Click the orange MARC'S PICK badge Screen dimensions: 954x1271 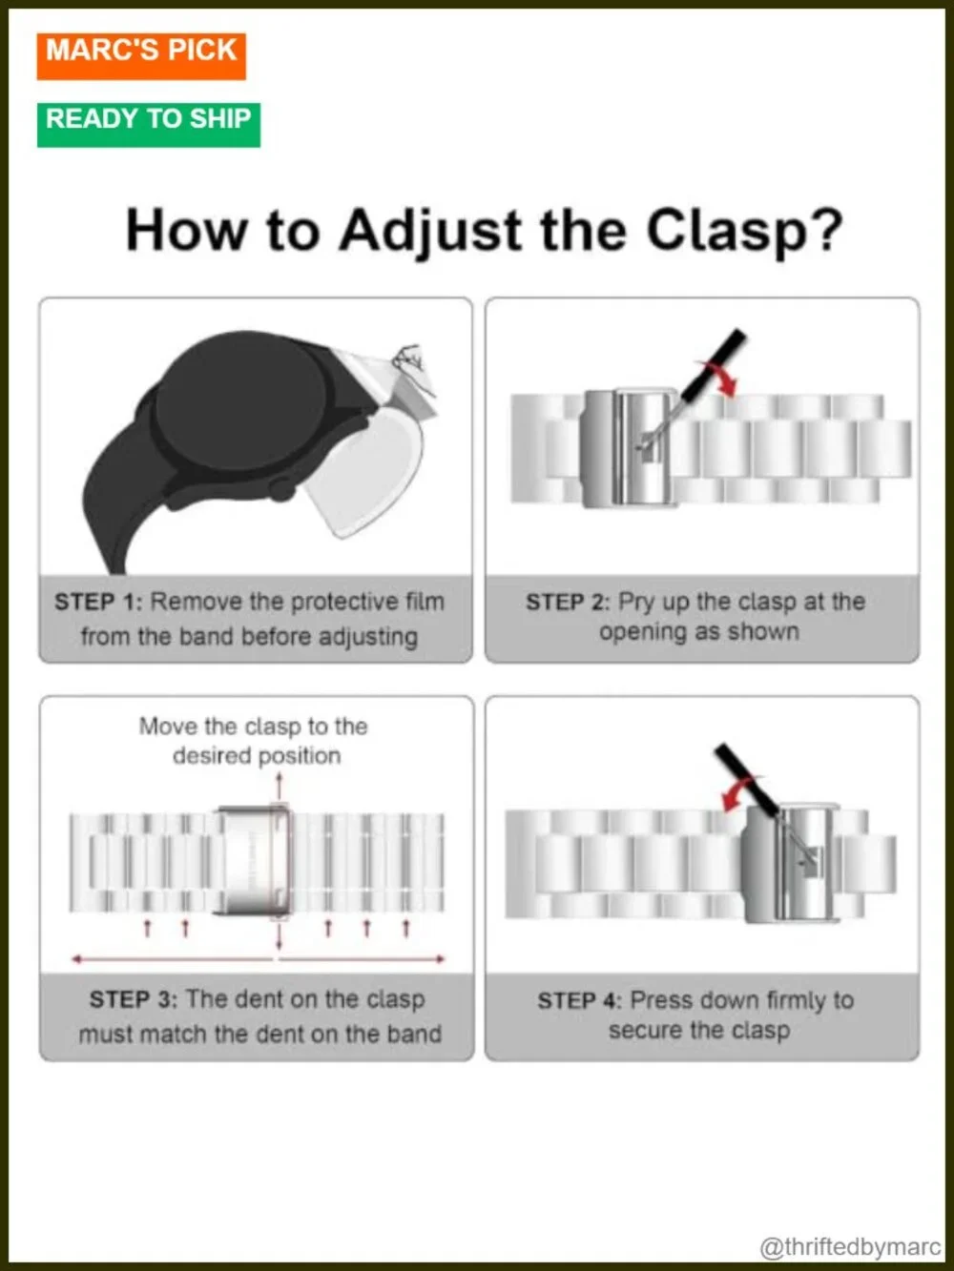[x=141, y=56]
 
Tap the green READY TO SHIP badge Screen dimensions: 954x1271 [x=149, y=125]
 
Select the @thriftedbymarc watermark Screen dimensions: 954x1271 [x=850, y=1247]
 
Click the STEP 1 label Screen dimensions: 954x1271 [x=98, y=603]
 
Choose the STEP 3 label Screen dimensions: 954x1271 [x=134, y=1000]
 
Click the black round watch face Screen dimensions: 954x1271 [x=242, y=400]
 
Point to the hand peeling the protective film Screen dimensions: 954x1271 [x=412, y=363]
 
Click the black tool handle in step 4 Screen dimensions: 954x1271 [x=746, y=779]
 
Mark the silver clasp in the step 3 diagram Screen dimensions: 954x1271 [x=253, y=860]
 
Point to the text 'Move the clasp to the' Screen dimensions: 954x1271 [x=253, y=727]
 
